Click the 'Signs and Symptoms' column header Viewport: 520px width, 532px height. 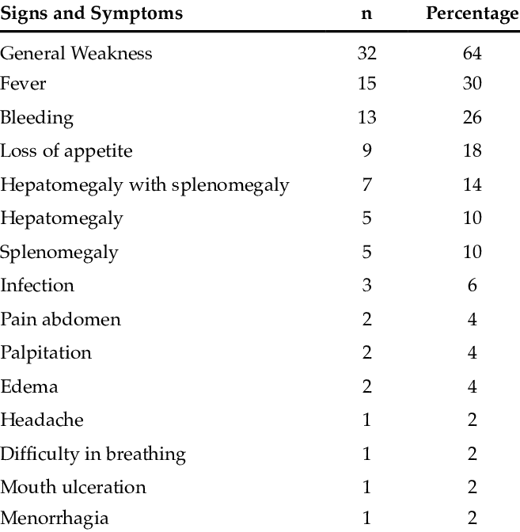pos(91,14)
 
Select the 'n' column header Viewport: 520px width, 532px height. pos(366,14)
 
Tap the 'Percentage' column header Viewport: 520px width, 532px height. pos(473,14)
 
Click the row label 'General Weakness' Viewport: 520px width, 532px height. pos(76,53)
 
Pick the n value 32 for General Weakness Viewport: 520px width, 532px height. pos(366,53)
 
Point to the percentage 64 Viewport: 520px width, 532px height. pos(473,53)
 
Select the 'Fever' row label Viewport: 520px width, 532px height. pos(23,83)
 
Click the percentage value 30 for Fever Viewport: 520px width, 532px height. pos(473,83)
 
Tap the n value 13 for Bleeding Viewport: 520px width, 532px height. pos(367,117)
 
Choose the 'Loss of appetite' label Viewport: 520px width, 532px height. pos(66,151)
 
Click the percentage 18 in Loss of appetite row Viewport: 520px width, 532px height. pos(473,150)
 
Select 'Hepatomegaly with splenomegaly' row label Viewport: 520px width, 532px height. pos(145,185)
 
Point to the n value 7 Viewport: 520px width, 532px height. pos(366,184)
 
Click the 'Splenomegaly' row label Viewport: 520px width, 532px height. pos(59,253)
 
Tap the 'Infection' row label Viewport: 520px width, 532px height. pos(37,285)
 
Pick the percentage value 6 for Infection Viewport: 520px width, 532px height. pos(473,285)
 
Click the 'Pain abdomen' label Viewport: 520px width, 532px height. pos(60,319)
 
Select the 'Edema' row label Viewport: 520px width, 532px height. pos(29,386)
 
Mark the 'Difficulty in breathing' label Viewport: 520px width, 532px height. pos(93,454)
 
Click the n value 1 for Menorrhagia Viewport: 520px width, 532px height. pos(366,518)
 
